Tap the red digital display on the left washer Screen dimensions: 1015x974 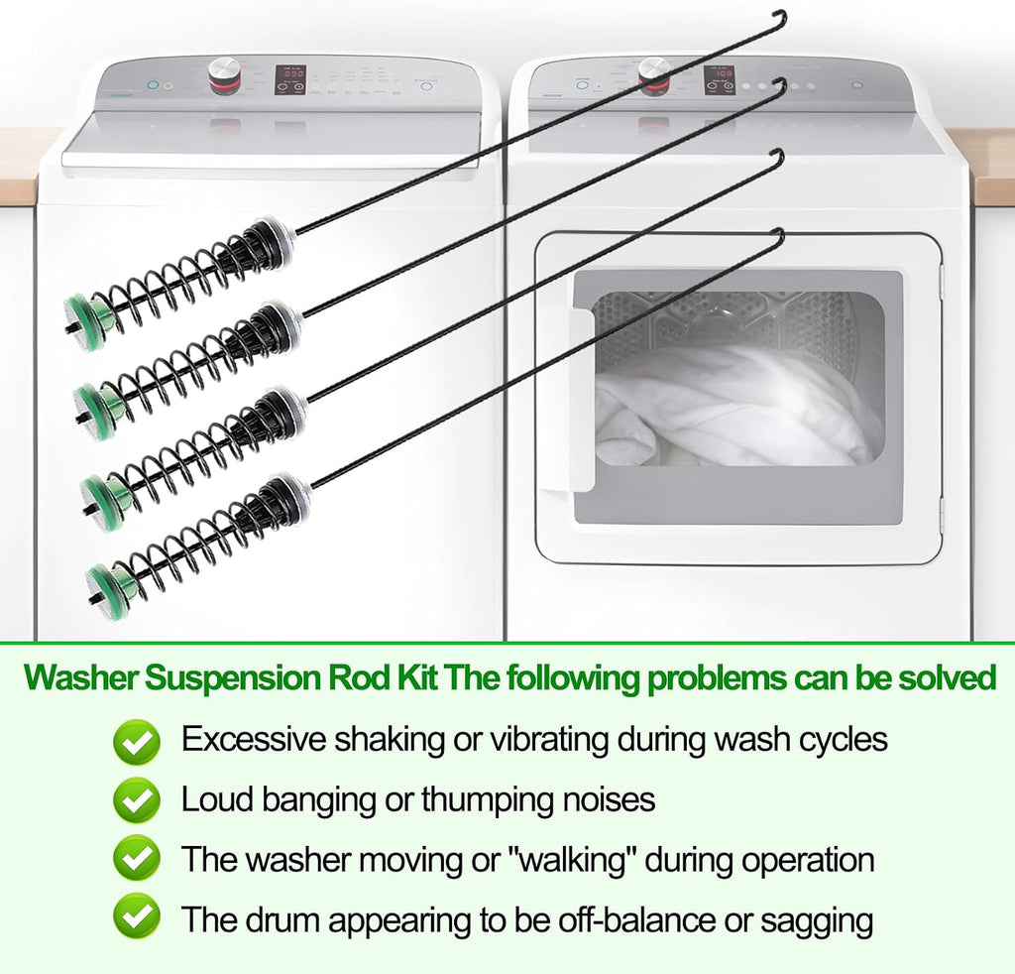tap(290, 73)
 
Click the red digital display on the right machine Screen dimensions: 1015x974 tap(721, 73)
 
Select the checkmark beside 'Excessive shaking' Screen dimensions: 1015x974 tap(136, 742)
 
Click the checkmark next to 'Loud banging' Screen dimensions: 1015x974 tap(136, 800)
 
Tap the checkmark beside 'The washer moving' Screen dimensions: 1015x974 tap(136, 859)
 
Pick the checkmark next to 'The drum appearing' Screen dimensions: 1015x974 tap(136, 917)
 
